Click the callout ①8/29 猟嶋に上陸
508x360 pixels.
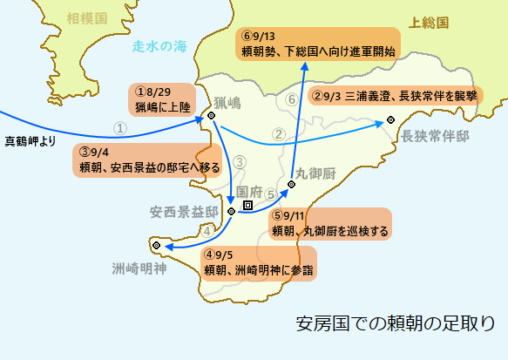166,100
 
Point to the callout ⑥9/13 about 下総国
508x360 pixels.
318,44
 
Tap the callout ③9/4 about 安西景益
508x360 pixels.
143,159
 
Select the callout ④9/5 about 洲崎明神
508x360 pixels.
258,262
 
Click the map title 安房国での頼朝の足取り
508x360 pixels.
401,323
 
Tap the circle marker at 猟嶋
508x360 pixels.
211,116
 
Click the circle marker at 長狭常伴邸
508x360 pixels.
389,120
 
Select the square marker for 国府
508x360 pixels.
248,206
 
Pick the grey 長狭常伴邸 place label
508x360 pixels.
435,137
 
